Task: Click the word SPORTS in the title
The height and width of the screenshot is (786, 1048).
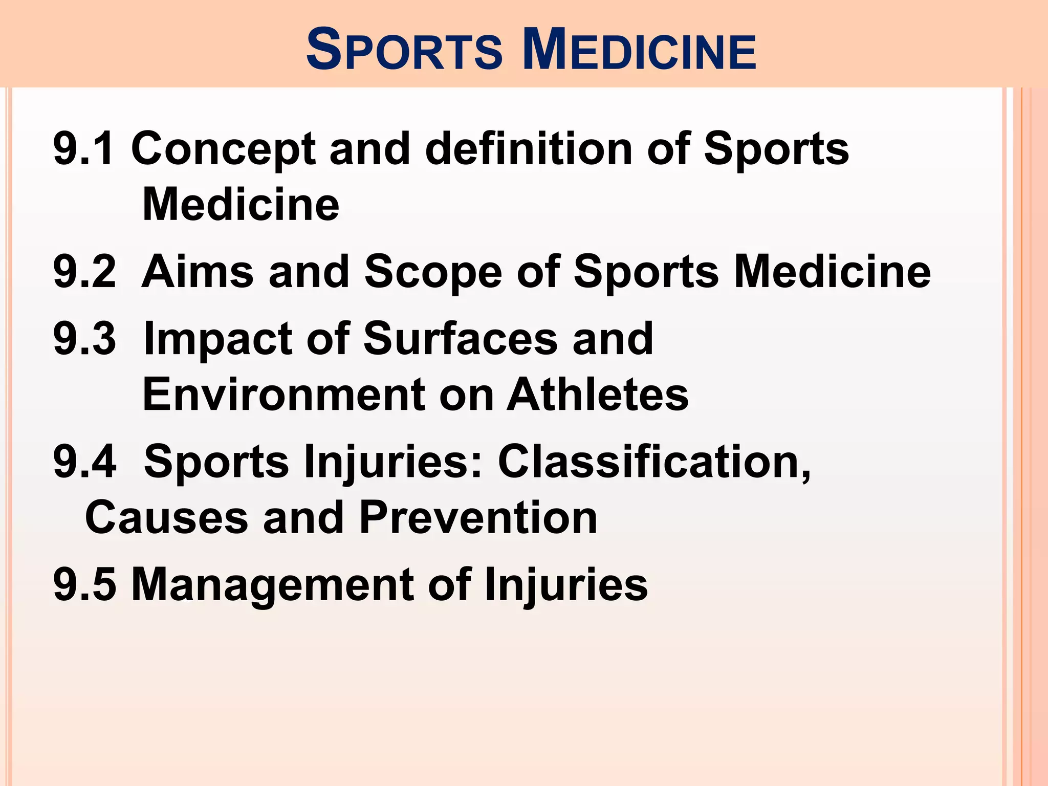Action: tap(404, 51)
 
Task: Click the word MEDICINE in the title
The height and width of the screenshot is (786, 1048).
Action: tap(639, 51)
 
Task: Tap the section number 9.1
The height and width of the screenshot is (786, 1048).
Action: tap(84, 149)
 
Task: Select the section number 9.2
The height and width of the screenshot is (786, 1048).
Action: tap(85, 272)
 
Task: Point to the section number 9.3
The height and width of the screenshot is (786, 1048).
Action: tap(85, 339)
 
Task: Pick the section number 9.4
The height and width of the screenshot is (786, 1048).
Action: tap(85, 462)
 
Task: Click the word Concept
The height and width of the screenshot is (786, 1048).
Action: tap(224, 150)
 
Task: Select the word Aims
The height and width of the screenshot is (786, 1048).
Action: tap(198, 272)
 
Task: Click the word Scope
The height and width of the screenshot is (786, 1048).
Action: tap(433, 273)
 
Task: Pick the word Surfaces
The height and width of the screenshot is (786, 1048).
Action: tap(460, 339)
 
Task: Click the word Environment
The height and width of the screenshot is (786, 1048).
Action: tap(283, 395)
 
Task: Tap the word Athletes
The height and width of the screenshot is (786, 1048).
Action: tap(598, 395)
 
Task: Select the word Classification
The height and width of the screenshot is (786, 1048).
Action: tap(654, 462)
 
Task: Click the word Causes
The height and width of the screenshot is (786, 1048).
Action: tap(167, 517)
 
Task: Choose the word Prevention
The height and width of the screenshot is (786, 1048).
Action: tap(478, 517)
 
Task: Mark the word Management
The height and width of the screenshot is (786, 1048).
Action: tap(272, 585)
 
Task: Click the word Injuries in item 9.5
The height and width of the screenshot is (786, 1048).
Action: tap(565, 585)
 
